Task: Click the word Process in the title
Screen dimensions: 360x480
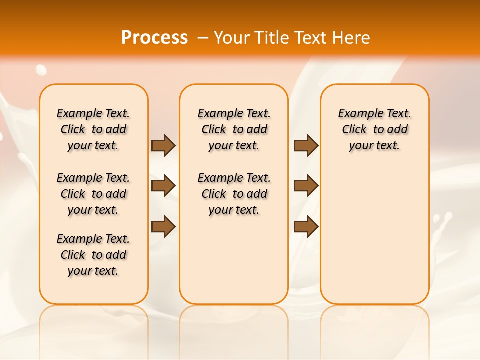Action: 154,37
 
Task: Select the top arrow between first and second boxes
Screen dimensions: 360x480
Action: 163,145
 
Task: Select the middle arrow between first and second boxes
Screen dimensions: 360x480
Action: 163,186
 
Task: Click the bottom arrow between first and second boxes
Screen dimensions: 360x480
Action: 163,227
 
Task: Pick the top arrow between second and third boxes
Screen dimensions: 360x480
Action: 306,145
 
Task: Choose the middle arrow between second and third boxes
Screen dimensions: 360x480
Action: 306,186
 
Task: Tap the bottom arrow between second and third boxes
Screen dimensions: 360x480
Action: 306,227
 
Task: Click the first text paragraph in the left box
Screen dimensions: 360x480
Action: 93,129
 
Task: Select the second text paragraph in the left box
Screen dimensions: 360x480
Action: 93,194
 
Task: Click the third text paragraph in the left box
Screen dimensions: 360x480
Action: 93,255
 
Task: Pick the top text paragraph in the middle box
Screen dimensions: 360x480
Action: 234,129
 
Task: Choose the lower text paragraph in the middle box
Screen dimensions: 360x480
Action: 234,194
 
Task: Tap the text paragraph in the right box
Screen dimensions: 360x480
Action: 374,129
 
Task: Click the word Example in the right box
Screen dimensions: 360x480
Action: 356,114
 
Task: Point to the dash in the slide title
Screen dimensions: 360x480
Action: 203,38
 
